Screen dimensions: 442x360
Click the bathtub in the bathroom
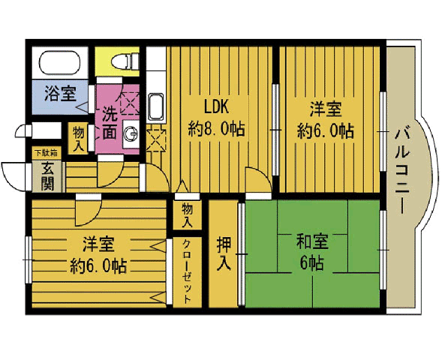click(60, 62)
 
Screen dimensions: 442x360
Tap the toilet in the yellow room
click(125, 61)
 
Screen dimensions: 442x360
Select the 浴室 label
click(60, 94)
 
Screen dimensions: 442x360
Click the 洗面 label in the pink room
click(109, 122)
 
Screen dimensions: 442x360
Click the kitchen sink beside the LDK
click(156, 107)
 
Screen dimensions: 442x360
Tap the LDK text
click(216, 106)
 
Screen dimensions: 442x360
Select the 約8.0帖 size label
click(216, 129)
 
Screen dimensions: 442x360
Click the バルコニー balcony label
click(401, 171)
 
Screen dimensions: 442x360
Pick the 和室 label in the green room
click(312, 241)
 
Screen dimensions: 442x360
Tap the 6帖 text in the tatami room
click(311, 263)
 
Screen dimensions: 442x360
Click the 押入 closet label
click(224, 253)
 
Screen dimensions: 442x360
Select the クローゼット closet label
click(186, 271)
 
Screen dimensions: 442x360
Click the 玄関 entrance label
click(47, 176)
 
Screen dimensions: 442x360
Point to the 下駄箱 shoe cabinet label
click(46, 153)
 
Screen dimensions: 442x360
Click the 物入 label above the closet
click(187, 215)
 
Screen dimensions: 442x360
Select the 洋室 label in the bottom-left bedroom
click(98, 244)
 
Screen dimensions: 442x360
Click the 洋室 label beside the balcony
click(326, 109)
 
